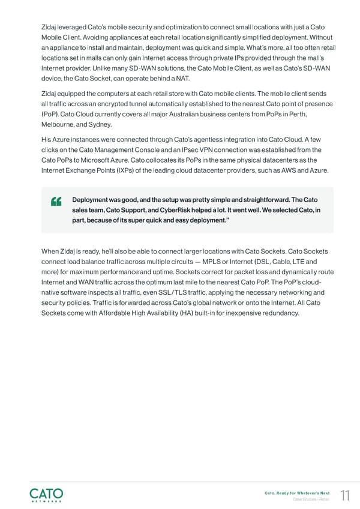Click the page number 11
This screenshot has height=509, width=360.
pos(344,495)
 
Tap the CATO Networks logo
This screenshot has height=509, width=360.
pos(46,494)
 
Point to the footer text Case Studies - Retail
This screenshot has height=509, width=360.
pos(312,499)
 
